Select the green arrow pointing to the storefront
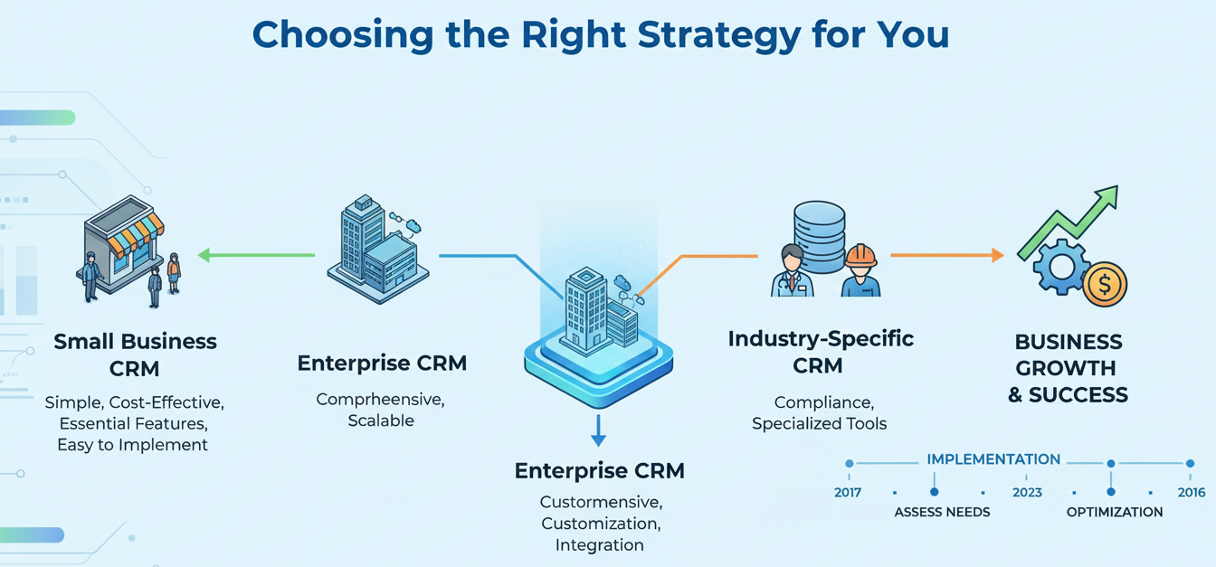[255, 256]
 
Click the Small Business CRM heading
[135, 354]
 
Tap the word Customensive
[599, 501]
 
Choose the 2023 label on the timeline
[1027, 493]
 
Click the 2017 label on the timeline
[847, 493]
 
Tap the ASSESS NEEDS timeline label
[942, 513]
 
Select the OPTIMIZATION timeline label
[1115, 513]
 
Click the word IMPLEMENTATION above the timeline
[993, 459]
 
